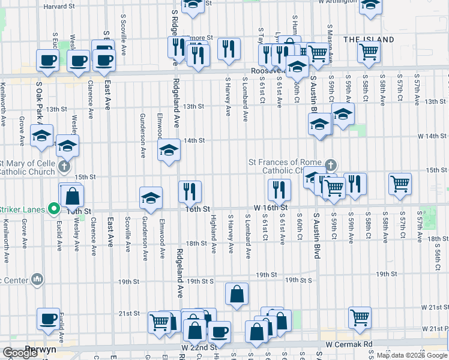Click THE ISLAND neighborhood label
click(x=369, y=40)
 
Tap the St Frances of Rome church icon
click(x=330, y=165)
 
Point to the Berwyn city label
click(x=40, y=349)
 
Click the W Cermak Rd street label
click(x=350, y=344)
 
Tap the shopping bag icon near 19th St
click(x=237, y=294)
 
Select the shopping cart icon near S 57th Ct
click(x=400, y=184)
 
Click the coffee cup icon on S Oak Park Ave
click(x=47, y=60)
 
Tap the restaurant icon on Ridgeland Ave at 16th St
click(x=190, y=191)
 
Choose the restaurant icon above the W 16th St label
click(x=279, y=190)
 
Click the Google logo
click(x=20, y=353)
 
